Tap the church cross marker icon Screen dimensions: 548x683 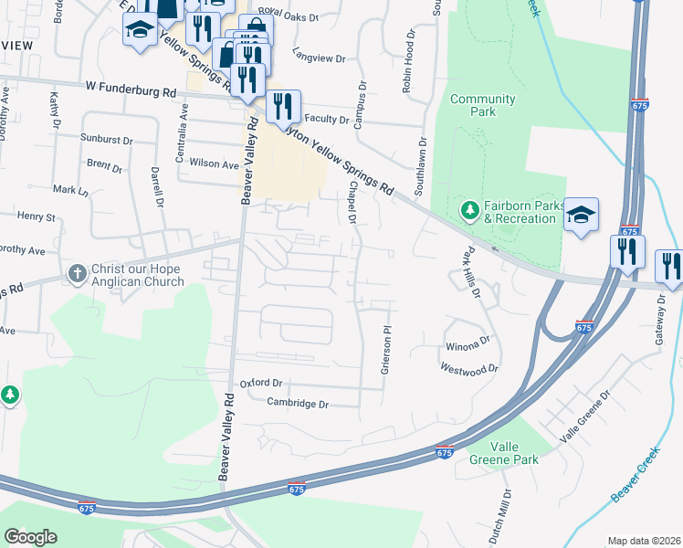pyautogui.click(x=78, y=273)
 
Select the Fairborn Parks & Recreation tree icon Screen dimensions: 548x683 pyautogui.click(x=470, y=212)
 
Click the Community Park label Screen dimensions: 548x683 pyautogui.click(x=482, y=105)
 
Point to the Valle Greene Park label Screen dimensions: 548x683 pyautogui.click(x=501, y=452)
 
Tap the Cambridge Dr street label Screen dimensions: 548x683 pyautogui.click(x=297, y=403)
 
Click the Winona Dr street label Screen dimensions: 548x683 pyautogui.click(x=468, y=347)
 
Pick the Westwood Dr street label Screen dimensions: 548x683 pyautogui.click(x=469, y=369)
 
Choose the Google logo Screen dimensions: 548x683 pyautogui.click(x=30, y=537)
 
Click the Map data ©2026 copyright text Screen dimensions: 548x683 pyautogui.click(x=644, y=541)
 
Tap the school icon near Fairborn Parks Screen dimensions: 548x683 pyautogui.click(x=581, y=216)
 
